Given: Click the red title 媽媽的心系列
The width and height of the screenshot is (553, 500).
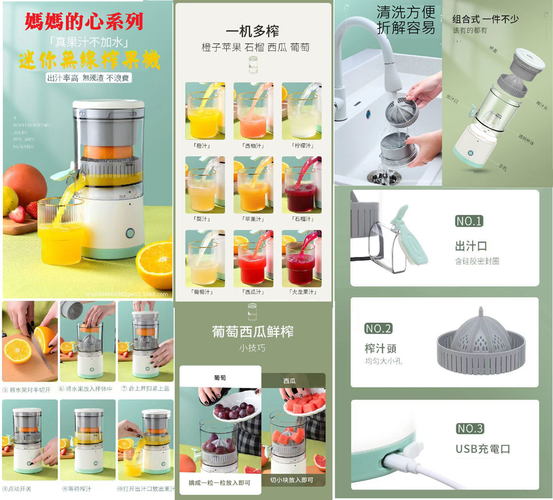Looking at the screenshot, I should tap(84, 22).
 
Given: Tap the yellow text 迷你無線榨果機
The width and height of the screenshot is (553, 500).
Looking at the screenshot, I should tap(89, 60).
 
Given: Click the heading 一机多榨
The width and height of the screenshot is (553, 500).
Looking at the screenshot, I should tap(252, 31).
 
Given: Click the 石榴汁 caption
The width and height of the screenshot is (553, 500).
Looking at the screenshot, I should tap(302, 219).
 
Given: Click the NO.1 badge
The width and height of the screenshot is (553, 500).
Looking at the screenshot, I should tap(469, 222).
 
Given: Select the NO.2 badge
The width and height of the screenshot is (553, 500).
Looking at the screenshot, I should tap(378, 329).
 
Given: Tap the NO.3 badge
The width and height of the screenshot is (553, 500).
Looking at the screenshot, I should tap(470, 429).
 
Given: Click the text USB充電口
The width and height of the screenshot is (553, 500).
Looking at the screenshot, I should tap(482, 448).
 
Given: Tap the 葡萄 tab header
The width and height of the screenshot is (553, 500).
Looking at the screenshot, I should tap(220, 378).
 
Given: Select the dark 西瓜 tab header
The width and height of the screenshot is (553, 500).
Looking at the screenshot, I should tap(289, 381).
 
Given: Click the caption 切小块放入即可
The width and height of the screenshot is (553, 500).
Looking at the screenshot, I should tap(291, 480).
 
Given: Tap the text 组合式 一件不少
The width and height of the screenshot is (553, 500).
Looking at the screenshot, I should tap(486, 19).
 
